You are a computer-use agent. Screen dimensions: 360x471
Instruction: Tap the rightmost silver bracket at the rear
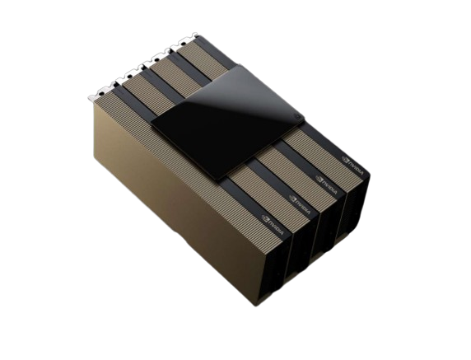(190, 36)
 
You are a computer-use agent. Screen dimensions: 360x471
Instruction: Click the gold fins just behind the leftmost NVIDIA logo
(247, 202)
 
